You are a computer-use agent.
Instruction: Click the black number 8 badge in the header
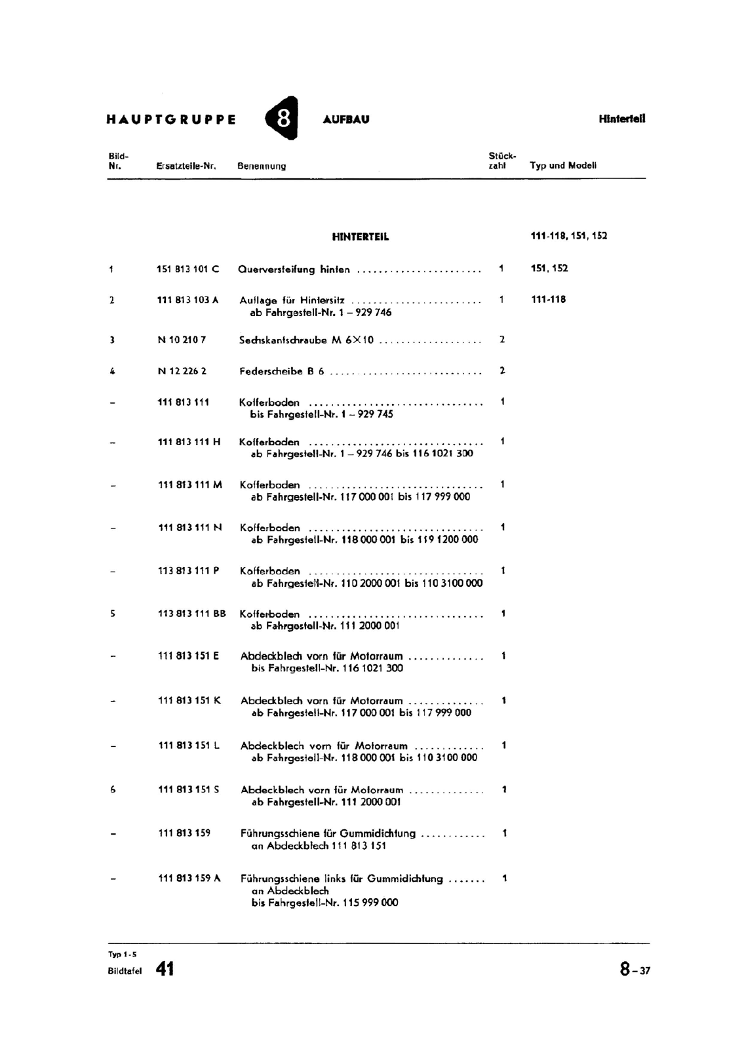[x=283, y=119]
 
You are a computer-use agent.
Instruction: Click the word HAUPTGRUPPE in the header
[x=171, y=120]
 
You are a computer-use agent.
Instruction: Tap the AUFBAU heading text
[x=346, y=119]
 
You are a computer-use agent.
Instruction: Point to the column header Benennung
[x=262, y=166]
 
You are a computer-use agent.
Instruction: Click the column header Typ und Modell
[x=563, y=165]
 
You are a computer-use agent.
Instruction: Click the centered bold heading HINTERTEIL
[x=361, y=237]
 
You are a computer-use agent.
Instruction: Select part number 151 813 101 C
[x=188, y=269]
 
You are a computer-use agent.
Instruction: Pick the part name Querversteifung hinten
[x=294, y=269]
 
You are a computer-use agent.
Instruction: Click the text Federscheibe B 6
[x=282, y=371]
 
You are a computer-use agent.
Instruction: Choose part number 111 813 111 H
[x=189, y=442]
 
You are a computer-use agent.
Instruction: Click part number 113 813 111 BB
[x=191, y=614]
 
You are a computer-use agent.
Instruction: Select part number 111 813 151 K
[x=189, y=700]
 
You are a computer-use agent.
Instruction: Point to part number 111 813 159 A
[x=189, y=878]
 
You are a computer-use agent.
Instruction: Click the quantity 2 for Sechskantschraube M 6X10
[x=502, y=340]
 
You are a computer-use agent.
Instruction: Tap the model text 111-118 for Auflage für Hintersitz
[x=548, y=300]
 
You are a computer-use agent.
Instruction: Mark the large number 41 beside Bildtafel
[x=165, y=969]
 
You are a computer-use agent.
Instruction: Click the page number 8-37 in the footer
[x=635, y=969]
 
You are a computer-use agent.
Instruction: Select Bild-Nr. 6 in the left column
[x=113, y=790]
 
